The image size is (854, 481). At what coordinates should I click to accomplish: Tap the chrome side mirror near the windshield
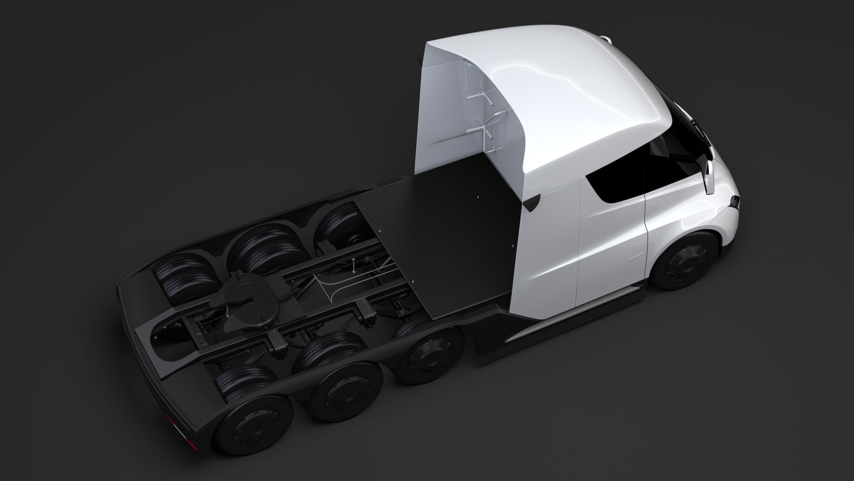click(x=707, y=171)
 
